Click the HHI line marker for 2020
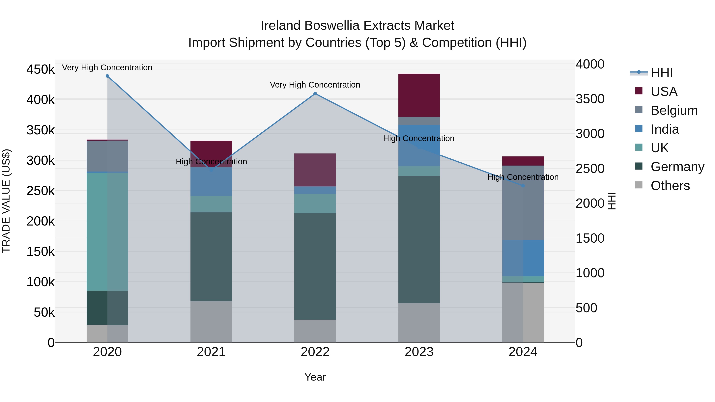point(107,76)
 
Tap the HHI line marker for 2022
point(315,94)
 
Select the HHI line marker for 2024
point(523,186)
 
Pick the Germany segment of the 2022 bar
point(315,266)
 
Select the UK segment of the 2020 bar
point(107,232)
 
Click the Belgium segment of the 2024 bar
point(523,202)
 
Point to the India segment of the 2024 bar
point(523,258)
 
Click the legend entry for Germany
point(677,167)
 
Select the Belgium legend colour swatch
point(639,110)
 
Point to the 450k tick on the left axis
point(41,69)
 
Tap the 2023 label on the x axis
point(419,352)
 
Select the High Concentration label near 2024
point(523,177)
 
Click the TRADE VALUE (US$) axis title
point(6,201)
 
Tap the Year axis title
point(315,377)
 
